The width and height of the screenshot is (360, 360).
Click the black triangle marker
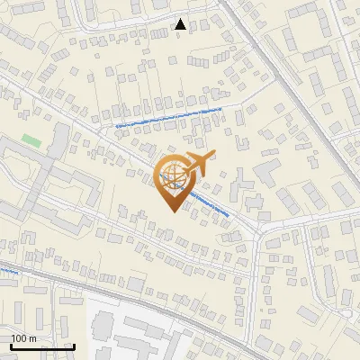(x=181, y=24)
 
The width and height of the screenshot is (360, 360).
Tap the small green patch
(x=32, y=140)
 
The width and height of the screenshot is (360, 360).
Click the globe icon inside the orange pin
(x=174, y=175)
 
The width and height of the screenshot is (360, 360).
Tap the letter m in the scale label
(x=33, y=337)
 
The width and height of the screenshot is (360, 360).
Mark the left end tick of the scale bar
(x=10, y=346)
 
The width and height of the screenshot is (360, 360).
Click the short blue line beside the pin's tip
(x=210, y=207)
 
